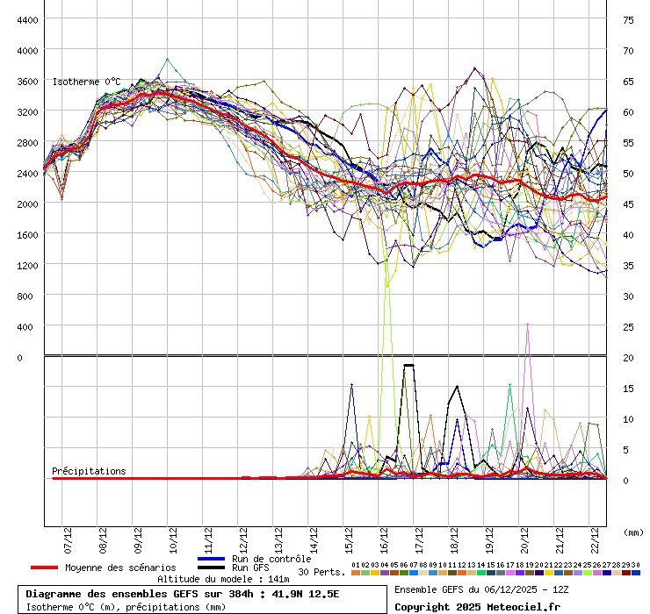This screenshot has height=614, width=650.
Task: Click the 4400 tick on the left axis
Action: pos(26,19)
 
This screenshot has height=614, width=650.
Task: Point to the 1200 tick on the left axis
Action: pos(26,265)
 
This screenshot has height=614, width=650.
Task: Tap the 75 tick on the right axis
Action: pos(628,19)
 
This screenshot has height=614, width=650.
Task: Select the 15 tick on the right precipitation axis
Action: pos(628,388)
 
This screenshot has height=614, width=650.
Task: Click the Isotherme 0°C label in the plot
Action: pos(86,82)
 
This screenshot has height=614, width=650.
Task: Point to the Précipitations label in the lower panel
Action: pos(89,471)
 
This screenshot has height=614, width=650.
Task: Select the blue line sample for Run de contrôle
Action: pos(211,559)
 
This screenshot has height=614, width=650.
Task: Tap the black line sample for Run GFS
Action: pos(211,568)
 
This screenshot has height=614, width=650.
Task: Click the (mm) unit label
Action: pos(632,532)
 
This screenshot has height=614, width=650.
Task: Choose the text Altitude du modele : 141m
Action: pos(223,579)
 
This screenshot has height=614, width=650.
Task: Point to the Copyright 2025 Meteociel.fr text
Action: pos(477,606)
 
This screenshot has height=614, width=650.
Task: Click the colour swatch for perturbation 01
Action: pos(355,573)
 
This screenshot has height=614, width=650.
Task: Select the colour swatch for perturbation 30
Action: pos(636,573)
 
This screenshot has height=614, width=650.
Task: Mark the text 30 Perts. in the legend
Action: pos(321,572)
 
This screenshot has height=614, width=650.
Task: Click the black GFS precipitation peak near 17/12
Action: pos(408,365)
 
